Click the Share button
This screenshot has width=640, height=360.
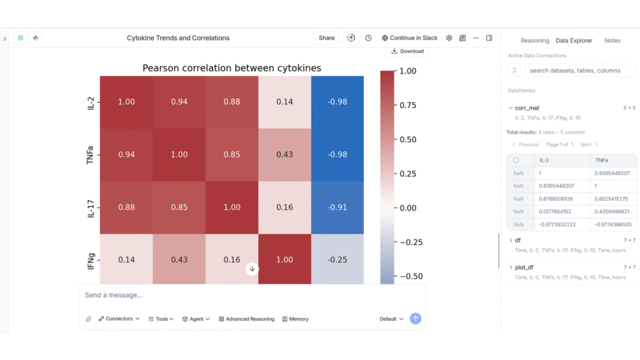point(326,38)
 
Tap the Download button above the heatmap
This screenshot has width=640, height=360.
point(407,51)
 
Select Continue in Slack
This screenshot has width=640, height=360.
point(410,38)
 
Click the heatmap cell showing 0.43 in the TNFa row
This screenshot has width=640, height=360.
point(284,155)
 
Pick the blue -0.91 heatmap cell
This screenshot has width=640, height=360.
point(337,207)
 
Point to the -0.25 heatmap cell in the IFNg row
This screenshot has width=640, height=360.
point(337,260)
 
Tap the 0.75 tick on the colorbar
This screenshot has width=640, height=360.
point(407,105)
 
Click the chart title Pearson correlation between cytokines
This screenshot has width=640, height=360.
point(232,68)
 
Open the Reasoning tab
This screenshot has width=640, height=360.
point(534,41)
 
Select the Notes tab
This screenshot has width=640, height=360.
point(612,41)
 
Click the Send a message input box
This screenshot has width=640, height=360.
point(250,295)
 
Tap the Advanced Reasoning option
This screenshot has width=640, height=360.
point(246,319)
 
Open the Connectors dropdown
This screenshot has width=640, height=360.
point(119,319)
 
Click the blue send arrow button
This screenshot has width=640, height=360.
point(416,319)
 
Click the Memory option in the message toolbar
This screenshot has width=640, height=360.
point(295,319)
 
